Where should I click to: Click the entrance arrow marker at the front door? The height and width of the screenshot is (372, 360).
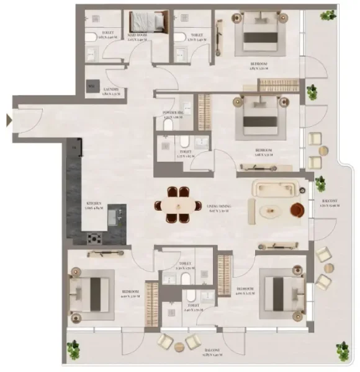(9, 120)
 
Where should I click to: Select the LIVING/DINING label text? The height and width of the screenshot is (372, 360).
(216, 208)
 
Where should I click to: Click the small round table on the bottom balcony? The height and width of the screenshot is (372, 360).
(180, 345)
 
